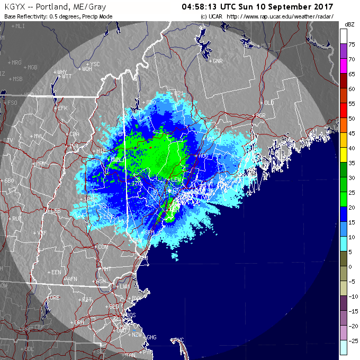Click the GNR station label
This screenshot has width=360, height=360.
click(217, 61)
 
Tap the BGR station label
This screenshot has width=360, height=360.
click(260, 115)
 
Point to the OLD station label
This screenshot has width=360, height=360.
click(269, 102)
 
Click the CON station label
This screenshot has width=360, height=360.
click(103, 247)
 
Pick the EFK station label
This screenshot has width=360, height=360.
click(63, 108)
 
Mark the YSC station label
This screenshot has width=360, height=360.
click(95, 64)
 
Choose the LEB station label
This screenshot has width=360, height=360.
click(56, 211)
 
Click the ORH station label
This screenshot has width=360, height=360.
click(79, 322)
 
